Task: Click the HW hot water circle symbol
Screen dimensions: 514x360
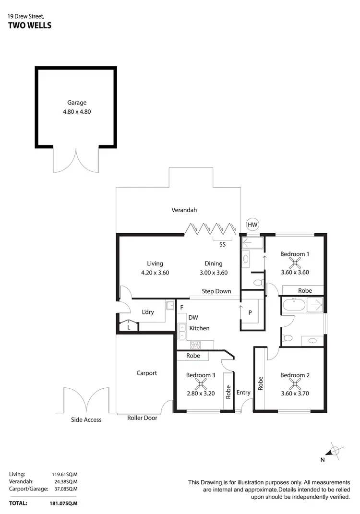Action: coord(252,224)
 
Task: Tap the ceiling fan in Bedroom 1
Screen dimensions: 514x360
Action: coord(294,262)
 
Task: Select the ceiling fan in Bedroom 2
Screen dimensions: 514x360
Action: coord(294,383)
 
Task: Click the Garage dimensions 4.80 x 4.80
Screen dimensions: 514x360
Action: coord(76,111)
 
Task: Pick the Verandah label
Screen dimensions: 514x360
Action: coord(184,210)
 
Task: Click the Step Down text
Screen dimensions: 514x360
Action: coord(216,291)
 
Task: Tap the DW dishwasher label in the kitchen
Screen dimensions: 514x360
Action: coord(193,317)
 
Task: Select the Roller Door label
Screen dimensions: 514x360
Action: coord(142,418)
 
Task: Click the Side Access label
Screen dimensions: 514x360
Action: coord(86,420)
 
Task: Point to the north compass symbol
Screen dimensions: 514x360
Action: coord(333,451)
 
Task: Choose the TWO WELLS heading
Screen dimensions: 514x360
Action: coord(30,26)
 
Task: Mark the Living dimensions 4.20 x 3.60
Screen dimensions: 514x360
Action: coord(155,273)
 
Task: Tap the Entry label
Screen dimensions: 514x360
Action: coord(243,393)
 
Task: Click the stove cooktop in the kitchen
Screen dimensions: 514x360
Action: coord(196,344)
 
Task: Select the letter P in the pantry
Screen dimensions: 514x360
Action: coord(250,312)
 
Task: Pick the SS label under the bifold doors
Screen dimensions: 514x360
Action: coord(222,244)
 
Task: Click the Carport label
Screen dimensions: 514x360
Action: coord(146,373)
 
